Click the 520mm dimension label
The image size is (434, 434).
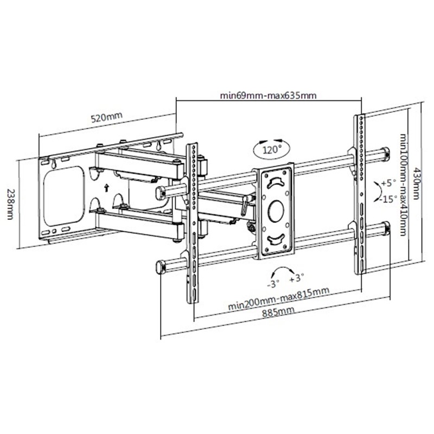(106, 117)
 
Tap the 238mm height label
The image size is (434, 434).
(10, 205)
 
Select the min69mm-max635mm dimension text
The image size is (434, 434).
(268, 95)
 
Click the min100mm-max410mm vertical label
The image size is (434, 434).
(403, 184)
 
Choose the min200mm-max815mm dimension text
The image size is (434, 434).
(278, 298)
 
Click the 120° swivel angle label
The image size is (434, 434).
(272, 150)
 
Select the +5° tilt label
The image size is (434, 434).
(388, 183)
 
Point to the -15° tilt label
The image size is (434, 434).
(388, 199)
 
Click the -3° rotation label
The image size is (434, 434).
(273, 284)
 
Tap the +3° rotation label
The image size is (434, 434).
(297, 278)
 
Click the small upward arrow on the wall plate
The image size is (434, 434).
(106, 188)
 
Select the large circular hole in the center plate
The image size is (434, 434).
(276, 211)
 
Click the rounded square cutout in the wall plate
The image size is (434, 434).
(64, 196)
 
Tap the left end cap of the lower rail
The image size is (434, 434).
(161, 267)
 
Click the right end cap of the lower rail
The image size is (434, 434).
(386, 228)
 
